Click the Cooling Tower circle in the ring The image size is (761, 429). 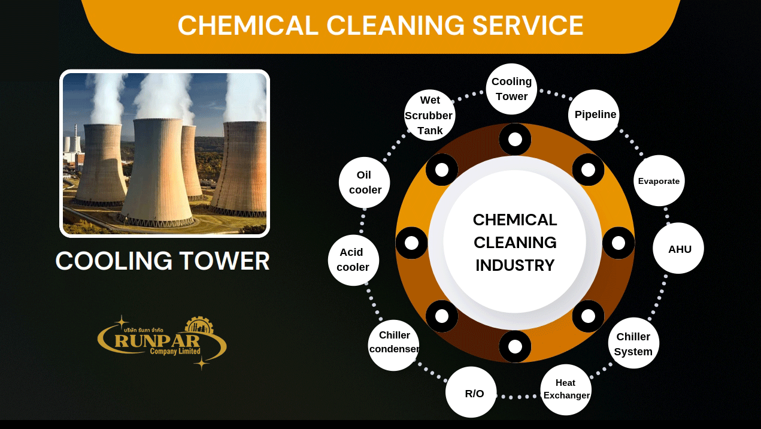[511, 89]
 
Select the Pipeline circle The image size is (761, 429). [593, 115]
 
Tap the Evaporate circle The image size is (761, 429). [659, 181]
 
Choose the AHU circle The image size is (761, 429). [678, 249]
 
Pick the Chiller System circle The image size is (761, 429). [633, 343]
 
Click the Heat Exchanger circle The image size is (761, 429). [566, 389]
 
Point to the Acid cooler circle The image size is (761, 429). [353, 260]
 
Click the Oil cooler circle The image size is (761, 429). [364, 183]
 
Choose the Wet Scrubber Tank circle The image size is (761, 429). [430, 115]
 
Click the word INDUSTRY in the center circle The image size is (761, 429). [515, 265]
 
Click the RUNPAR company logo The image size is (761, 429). [162, 343]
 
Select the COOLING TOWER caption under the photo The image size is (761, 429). [162, 261]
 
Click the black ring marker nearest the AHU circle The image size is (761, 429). [618, 243]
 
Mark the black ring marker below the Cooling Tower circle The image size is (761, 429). [515, 140]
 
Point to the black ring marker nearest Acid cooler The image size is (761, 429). [411, 243]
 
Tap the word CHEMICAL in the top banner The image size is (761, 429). [248, 26]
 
